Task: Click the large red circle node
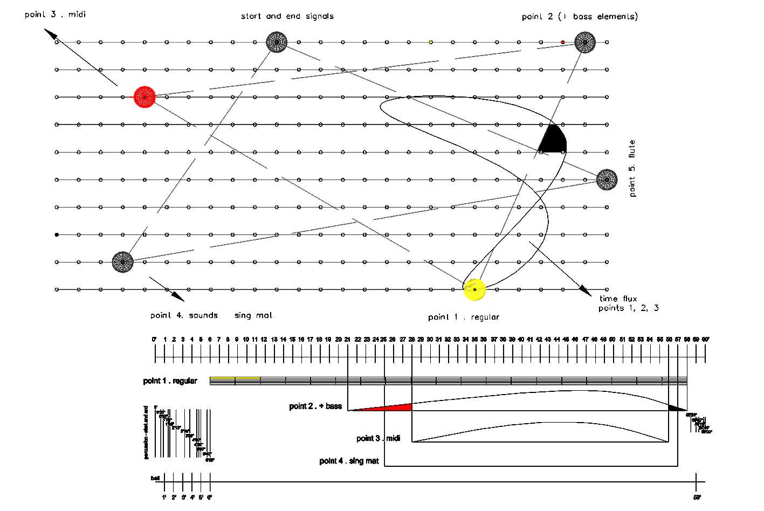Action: (x=144, y=97)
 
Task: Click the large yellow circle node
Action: (x=475, y=289)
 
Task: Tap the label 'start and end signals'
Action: (x=287, y=16)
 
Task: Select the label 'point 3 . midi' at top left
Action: (x=55, y=15)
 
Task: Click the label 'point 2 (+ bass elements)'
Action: (x=580, y=17)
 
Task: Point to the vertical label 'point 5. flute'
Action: (x=632, y=168)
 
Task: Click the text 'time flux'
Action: (x=618, y=299)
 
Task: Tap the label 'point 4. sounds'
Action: (x=184, y=315)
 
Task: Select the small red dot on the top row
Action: (x=563, y=42)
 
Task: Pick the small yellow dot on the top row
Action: (x=431, y=42)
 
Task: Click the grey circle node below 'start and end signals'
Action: (x=277, y=42)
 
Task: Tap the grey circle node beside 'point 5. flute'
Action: (x=607, y=179)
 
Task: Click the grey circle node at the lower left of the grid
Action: (x=123, y=262)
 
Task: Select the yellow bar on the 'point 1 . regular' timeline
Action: (x=235, y=378)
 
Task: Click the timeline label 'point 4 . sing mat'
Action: (x=349, y=461)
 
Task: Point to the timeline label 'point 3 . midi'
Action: (x=378, y=438)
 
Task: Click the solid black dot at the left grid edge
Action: (x=57, y=234)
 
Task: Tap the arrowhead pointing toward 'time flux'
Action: (x=586, y=290)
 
